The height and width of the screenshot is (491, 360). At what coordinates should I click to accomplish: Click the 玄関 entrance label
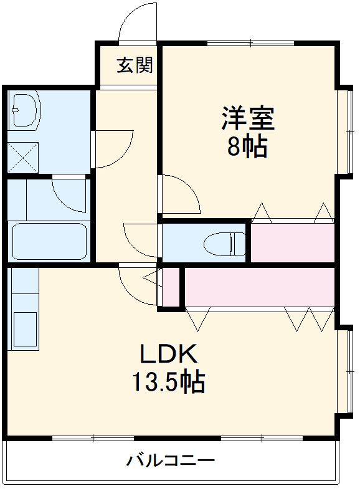coord(135,65)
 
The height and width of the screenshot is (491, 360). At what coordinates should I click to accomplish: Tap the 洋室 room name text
coord(248,118)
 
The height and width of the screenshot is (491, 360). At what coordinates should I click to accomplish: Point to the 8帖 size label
coord(247,146)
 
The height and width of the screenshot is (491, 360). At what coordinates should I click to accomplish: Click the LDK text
coord(169,353)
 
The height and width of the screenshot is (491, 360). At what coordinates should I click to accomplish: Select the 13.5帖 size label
coord(169,382)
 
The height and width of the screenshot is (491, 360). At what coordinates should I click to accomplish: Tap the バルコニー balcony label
coord(171,460)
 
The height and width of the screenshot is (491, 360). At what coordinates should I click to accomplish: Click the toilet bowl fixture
coord(224,244)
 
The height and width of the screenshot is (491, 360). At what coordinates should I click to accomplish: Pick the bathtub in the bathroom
coord(49,241)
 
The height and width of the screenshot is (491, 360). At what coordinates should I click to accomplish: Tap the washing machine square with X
coord(23,157)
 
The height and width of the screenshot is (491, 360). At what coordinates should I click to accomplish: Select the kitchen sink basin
coord(25,329)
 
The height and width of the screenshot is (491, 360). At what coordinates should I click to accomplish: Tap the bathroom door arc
coord(64,201)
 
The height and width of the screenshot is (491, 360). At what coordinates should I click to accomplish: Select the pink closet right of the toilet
coord(292,242)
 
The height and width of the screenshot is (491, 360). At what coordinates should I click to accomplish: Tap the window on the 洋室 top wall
coord(251,43)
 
